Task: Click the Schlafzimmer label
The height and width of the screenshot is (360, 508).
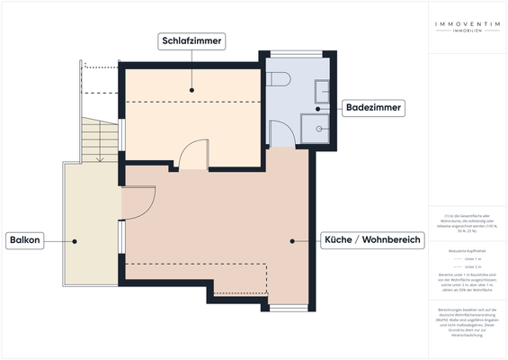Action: pyautogui.click(x=192, y=41)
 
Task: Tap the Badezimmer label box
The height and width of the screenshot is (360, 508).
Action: pyautogui.click(x=373, y=108)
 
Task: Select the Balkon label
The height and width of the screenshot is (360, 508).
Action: pyautogui.click(x=28, y=241)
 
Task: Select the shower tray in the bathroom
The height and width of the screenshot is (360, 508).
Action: pyautogui.click(x=316, y=128)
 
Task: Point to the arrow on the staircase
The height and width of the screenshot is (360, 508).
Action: pyautogui.click(x=100, y=157)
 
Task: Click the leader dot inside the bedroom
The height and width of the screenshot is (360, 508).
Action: pyautogui.click(x=192, y=90)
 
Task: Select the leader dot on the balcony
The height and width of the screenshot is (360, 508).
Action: pyautogui.click(x=76, y=241)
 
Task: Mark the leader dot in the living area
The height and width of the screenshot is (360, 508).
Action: pyautogui.click(x=293, y=241)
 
